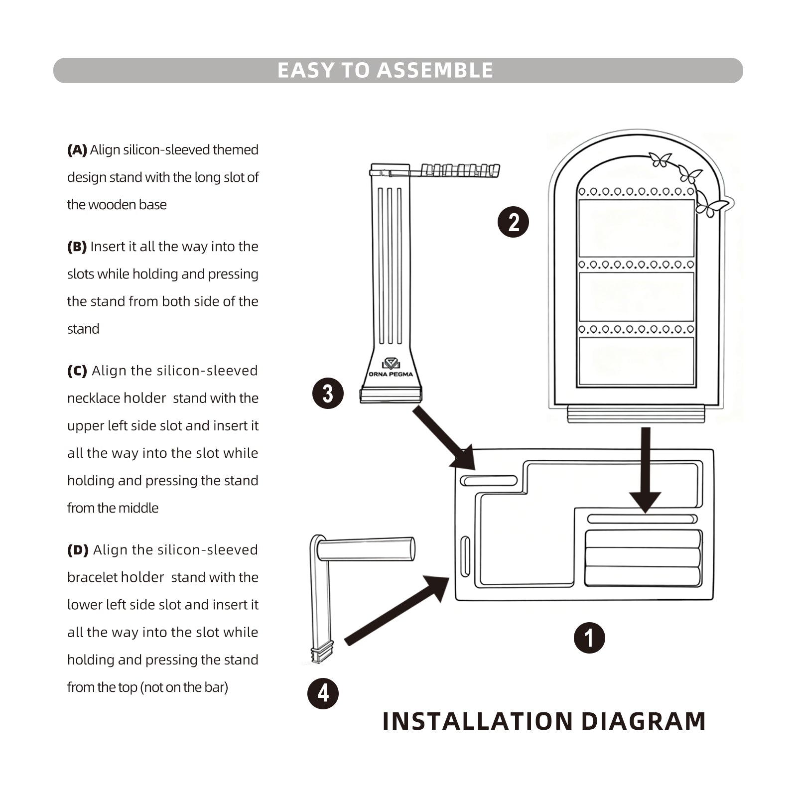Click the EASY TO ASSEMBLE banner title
(385, 70)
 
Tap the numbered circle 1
(589, 638)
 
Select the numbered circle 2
(513, 222)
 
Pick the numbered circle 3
(328, 394)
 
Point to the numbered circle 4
(323, 693)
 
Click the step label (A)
(77, 150)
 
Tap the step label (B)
(77, 247)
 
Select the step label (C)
(77, 371)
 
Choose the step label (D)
(78, 550)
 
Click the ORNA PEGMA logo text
(391, 374)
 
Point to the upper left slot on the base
(489, 481)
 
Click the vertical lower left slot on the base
(465, 556)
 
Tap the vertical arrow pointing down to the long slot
(645, 468)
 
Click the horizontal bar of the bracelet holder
(366, 549)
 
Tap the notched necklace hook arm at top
(458, 170)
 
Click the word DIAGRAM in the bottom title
(643, 721)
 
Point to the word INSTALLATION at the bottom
(478, 721)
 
